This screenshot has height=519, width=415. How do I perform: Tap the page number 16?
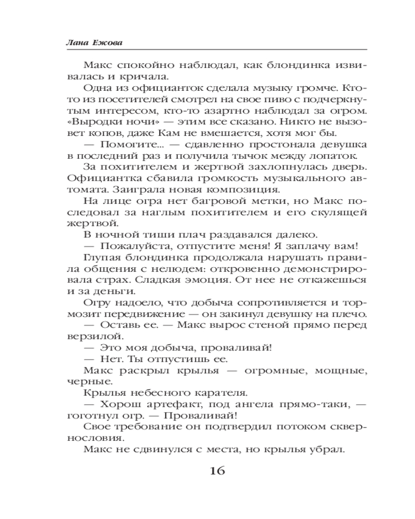click(217, 471)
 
